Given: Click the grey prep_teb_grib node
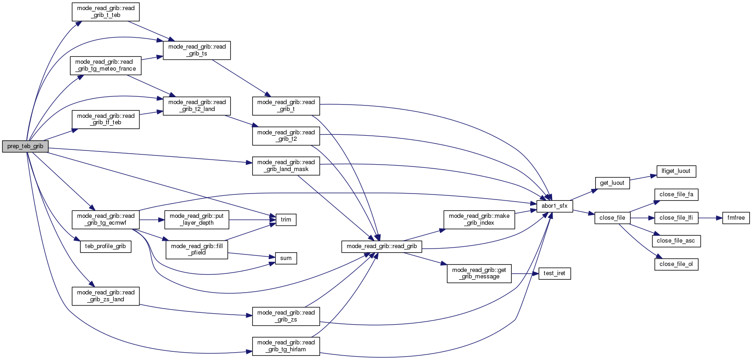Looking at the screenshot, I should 25,146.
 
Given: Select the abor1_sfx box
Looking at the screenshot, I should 554,206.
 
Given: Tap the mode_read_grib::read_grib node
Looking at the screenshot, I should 382,246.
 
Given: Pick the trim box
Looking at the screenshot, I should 286,220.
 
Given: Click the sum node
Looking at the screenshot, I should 286,258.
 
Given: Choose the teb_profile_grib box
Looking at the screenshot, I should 105,246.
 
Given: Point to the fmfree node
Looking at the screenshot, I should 736,218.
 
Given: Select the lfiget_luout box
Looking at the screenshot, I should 676,171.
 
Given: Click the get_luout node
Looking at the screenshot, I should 612,183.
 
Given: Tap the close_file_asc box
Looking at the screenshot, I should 676,241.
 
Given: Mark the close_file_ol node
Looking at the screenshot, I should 676,264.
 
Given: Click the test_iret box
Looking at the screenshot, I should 554,273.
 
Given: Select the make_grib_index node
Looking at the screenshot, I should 479,219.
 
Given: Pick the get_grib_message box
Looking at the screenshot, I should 479,273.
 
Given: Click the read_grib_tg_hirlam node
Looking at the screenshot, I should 286,346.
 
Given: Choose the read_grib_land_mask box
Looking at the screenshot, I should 286,166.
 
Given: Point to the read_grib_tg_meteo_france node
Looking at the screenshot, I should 105,65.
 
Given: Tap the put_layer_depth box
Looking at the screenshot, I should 197,219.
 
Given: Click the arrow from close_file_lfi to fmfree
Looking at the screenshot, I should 710,218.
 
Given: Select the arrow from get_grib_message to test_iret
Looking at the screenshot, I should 525,273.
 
